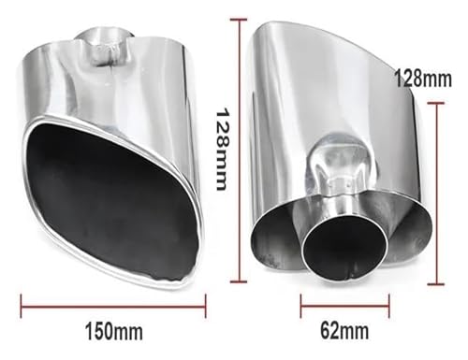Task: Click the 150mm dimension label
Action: click(114, 331)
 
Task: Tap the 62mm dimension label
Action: click(344, 330)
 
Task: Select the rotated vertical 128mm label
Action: click(224, 149)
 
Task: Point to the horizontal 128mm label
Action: click(423, 79)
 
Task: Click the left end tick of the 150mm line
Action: click(22, 306)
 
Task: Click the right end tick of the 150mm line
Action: click(206, 306)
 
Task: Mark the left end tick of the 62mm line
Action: click(301, 306)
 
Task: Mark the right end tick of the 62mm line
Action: click(389, 306)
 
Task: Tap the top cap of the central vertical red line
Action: click(239, 20)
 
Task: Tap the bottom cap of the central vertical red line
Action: click(239, 282)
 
